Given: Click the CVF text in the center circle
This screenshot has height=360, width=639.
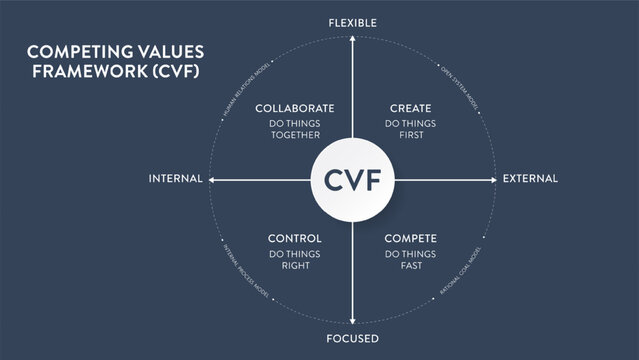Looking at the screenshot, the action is coord(353,180).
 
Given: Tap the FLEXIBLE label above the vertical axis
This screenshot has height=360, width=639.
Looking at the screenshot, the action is coord(353,21).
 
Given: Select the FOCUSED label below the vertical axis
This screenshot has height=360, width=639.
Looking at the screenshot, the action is coord(353,339).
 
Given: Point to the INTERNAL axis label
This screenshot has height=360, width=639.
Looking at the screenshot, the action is coord(175,179).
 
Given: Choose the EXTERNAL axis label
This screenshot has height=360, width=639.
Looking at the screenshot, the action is coord(530,179).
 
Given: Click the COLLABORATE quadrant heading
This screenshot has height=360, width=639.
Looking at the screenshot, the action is coord(294,108).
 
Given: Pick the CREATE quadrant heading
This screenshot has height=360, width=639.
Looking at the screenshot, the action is coord(411,108).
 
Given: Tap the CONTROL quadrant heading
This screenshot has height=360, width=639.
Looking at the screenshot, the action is coord(294,238).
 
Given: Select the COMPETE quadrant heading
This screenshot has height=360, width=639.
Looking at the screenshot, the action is coord(411,238).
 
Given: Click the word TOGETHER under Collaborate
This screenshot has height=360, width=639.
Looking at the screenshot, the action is coord(294,136).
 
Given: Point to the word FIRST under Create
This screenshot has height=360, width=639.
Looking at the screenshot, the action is coord(411,136).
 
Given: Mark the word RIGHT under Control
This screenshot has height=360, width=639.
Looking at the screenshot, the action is coord(294,266).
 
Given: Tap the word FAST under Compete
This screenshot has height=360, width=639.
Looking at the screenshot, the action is coord(411,266).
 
